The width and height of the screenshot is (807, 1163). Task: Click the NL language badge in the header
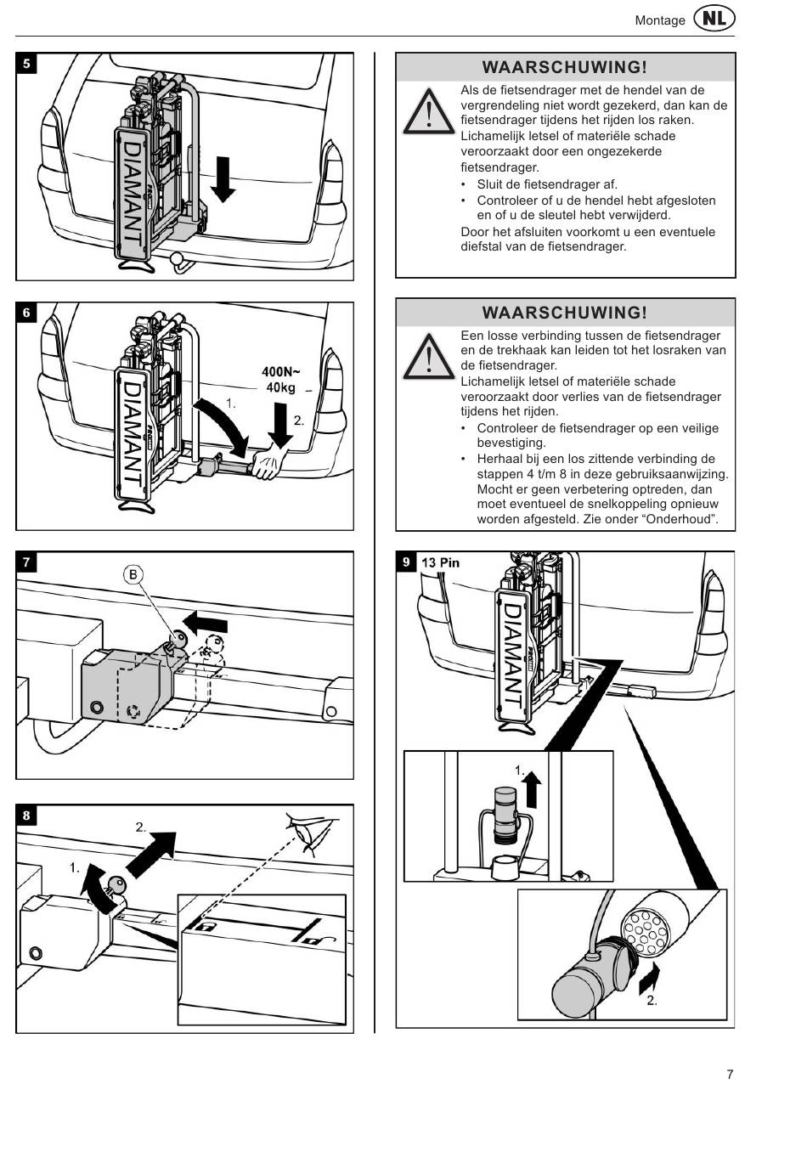(x=714, y=19)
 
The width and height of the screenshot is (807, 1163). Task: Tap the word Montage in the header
(x=660, y=20)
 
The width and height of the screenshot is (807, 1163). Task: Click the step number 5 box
(x=26, y=64)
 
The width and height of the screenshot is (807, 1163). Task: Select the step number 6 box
(x=26, y=313)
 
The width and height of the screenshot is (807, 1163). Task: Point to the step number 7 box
(x=26, y=562)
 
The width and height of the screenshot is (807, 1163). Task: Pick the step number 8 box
(x=26, y=816)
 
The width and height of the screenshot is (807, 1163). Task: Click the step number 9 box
(x=406, y=562)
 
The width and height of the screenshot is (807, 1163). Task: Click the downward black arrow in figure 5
(x=223, y=178)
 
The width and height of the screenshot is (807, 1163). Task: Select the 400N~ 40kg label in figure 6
(x=281, y=380)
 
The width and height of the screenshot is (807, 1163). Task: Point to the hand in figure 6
(x=271, y=463)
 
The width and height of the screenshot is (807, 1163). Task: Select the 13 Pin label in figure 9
(x=440, y=562)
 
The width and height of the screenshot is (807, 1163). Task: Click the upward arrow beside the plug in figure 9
(x=533, y=788)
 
